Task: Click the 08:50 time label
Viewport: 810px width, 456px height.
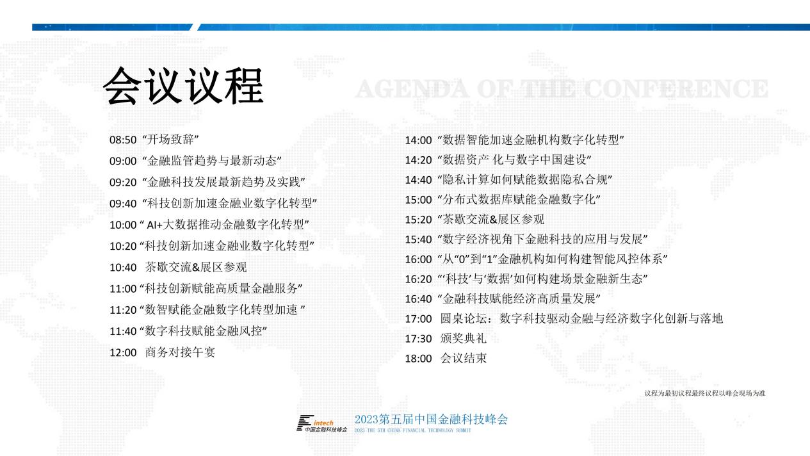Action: pos(123,140)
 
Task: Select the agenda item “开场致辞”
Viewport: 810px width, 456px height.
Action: pos(171,139)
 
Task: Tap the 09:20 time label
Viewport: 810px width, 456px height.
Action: pos(123,183)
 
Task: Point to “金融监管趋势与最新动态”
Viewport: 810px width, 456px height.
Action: pos(212,161)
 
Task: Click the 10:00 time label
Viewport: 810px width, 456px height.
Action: pos(123,225)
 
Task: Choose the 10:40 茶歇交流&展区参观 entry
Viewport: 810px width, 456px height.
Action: pos(178,267)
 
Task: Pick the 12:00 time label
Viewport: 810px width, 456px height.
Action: pos(123,353)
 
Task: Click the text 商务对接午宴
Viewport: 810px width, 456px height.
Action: pos(180,352)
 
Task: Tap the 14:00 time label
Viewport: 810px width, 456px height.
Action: pos(418,140)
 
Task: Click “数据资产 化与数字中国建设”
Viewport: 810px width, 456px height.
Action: pos(515,159)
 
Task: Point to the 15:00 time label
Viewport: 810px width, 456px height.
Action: pos(418,200)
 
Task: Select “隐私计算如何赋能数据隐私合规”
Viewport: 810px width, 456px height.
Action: pos(524,179)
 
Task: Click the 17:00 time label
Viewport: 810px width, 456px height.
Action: pos(418,319)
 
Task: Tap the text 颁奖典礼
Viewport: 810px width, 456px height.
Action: pos(463,338)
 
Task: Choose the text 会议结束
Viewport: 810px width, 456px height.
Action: pos(463,359)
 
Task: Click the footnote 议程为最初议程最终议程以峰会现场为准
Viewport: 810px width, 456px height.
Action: pos(705,393)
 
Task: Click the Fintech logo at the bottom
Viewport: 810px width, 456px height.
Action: pos(321,423)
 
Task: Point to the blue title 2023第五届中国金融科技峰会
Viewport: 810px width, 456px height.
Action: pos(431,419)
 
